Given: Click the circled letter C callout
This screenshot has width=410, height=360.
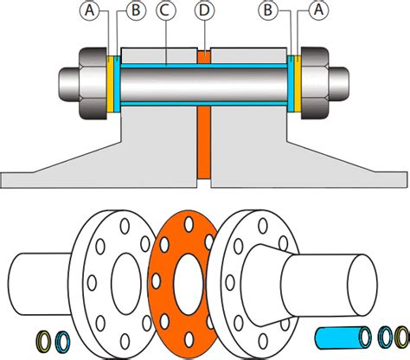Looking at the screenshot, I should pyautogui.click(x=163, y=11).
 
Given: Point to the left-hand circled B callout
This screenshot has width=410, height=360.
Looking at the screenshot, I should pyautogui.click(x=133, y=11).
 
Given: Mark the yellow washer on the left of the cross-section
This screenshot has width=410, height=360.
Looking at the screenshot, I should pyautogui.click(x=110, y=85).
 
